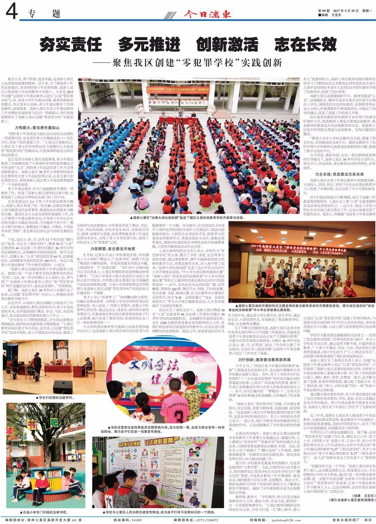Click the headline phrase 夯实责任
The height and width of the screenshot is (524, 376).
[71, 44]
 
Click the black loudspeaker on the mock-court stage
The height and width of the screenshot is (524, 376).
[61, 387]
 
